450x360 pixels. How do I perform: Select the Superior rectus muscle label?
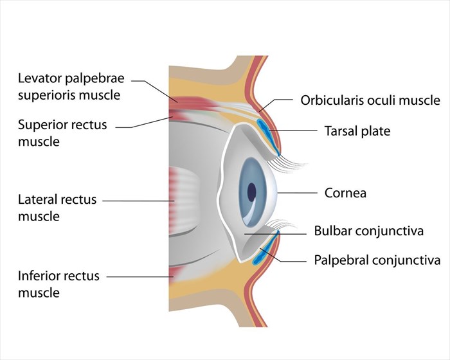62,132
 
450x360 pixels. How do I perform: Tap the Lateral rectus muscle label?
57,208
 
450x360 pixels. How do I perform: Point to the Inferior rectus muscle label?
59,284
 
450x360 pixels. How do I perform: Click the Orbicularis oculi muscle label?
370,100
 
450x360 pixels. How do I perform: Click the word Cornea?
346,192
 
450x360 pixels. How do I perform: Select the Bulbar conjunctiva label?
369,231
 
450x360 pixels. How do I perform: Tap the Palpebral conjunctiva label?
377,260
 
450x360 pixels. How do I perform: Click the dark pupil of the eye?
251,191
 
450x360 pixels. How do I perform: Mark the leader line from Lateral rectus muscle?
138,201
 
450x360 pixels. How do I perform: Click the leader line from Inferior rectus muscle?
138,277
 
